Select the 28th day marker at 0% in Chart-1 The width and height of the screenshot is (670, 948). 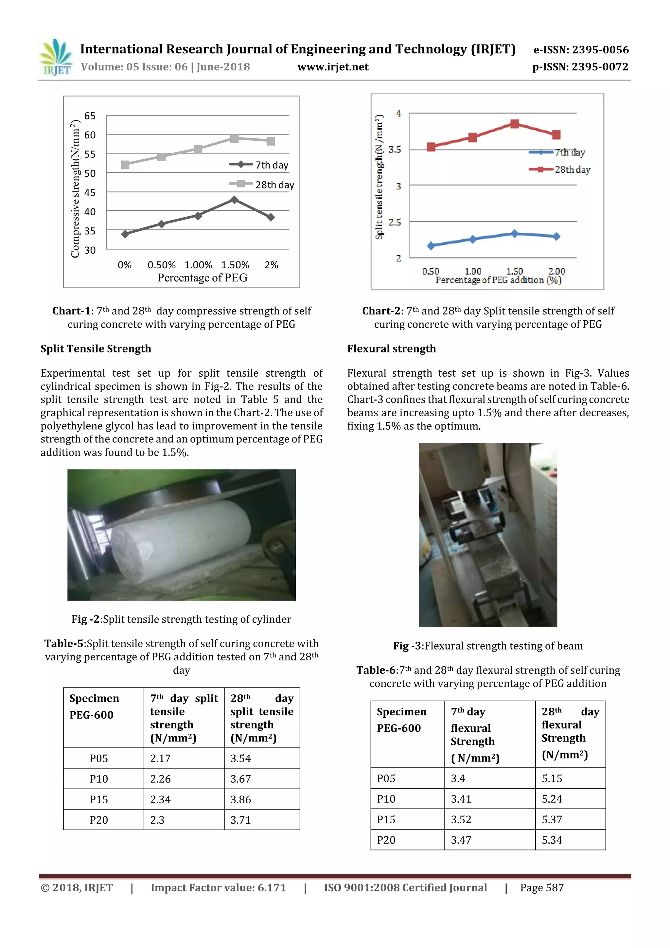(x=125, y=165)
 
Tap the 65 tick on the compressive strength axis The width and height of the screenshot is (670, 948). (x=90, y=116)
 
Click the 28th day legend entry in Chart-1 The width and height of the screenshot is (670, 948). (x=262, y=185)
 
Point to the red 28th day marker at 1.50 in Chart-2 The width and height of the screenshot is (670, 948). (x=514, y=124)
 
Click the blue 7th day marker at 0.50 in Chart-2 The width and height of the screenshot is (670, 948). (x=431, y=246)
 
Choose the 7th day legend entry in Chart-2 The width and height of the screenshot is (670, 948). (x=557, y=152)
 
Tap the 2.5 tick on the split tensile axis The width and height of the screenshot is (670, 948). (x=395, y=222)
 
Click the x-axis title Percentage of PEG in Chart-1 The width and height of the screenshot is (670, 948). (x=202, y=278)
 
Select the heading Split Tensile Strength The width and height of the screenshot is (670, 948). (x=96, y=349)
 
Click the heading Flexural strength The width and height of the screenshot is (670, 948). (x=391, y=349)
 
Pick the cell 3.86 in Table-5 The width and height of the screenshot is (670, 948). (x=241, y=799)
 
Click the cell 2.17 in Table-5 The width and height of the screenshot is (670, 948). (x=160, y=759)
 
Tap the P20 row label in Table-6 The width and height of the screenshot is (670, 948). (x=386, y=840)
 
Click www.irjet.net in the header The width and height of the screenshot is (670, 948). (x=333, y=67)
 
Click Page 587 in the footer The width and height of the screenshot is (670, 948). (x=542, y=888)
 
